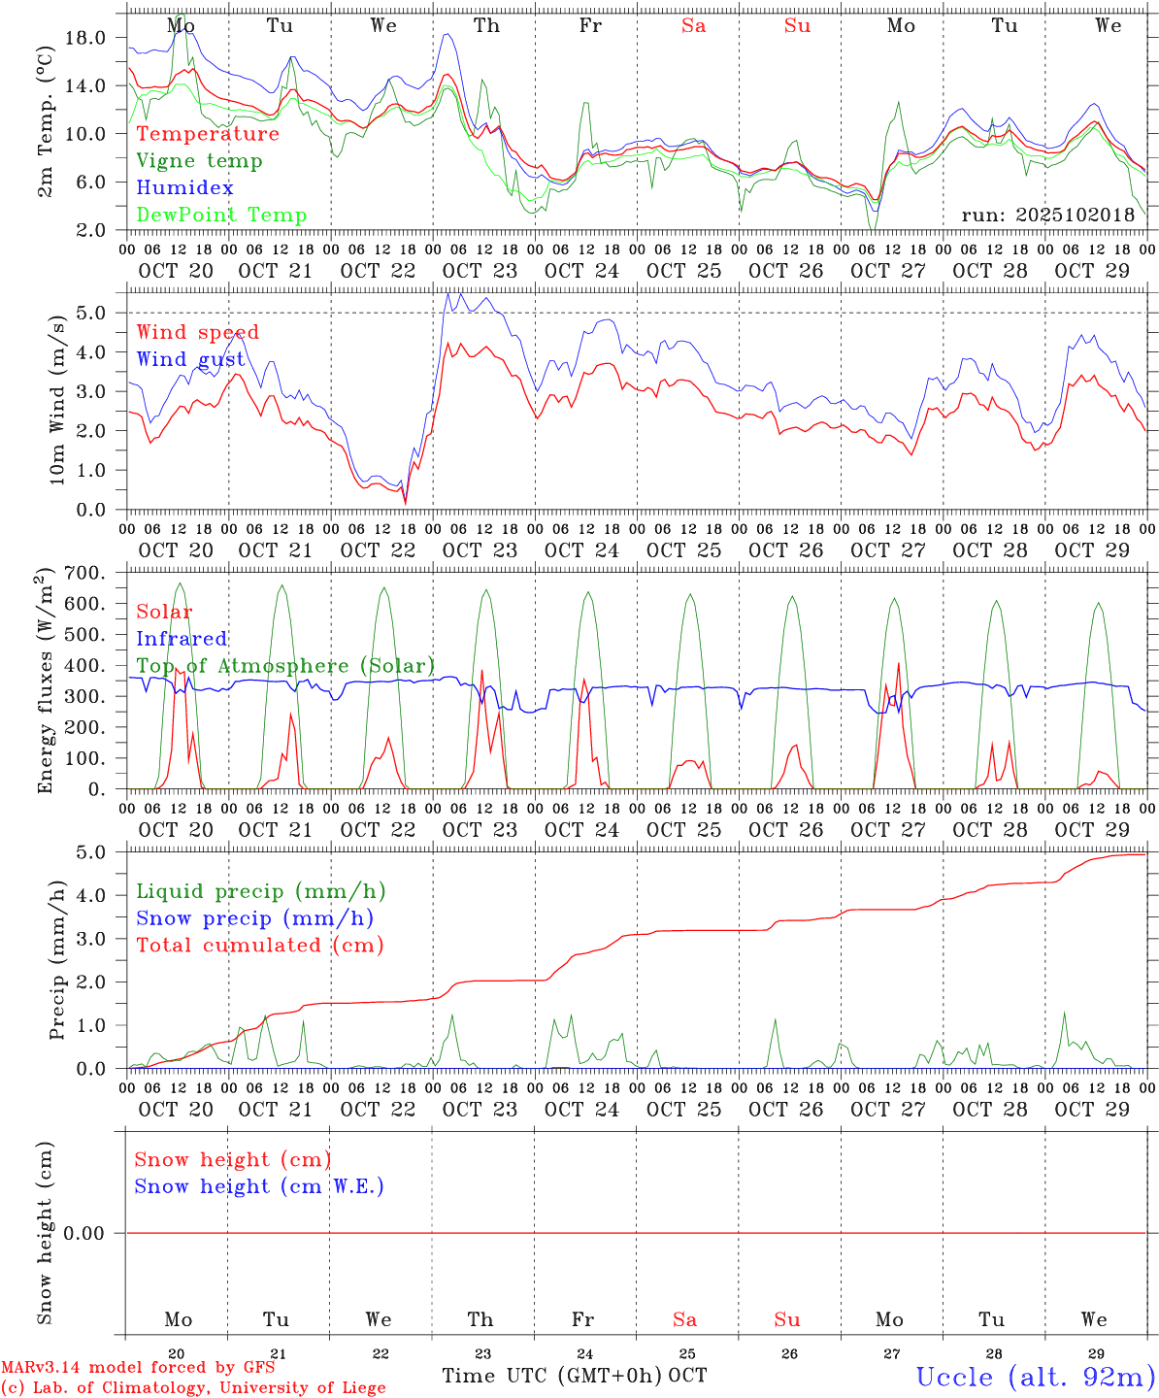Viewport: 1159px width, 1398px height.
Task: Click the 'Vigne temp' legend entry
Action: tap(199, 161)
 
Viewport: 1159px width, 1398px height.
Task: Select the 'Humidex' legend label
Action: tap(184, 188)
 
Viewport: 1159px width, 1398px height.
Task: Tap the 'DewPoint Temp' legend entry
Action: tap(221, 216)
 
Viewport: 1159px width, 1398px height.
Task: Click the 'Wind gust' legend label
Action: tap(190, 359)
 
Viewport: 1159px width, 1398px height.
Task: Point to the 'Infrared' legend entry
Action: tap(182, 639)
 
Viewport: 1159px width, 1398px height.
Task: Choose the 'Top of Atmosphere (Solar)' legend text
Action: tap(284, 666)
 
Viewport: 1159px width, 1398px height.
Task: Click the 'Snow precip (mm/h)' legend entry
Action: tap(254, 918)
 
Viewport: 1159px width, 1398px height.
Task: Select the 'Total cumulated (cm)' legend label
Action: tap(259, 946)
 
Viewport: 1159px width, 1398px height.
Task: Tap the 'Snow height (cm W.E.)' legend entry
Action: tap(259, 1186)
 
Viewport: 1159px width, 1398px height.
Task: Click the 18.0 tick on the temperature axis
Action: tap(84, 38)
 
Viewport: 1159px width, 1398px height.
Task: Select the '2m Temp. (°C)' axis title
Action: tap(46, 132)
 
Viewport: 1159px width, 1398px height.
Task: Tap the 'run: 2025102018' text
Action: tap(1047, 216)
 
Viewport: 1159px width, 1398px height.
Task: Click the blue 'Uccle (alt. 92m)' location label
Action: tap(1036, 1377)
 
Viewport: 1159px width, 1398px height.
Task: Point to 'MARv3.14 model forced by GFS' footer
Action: tap(137, 1367)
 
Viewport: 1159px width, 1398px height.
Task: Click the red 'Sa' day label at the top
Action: tap(693, 25)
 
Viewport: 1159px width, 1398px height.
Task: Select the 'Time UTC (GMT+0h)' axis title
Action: tap(551, 1376)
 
